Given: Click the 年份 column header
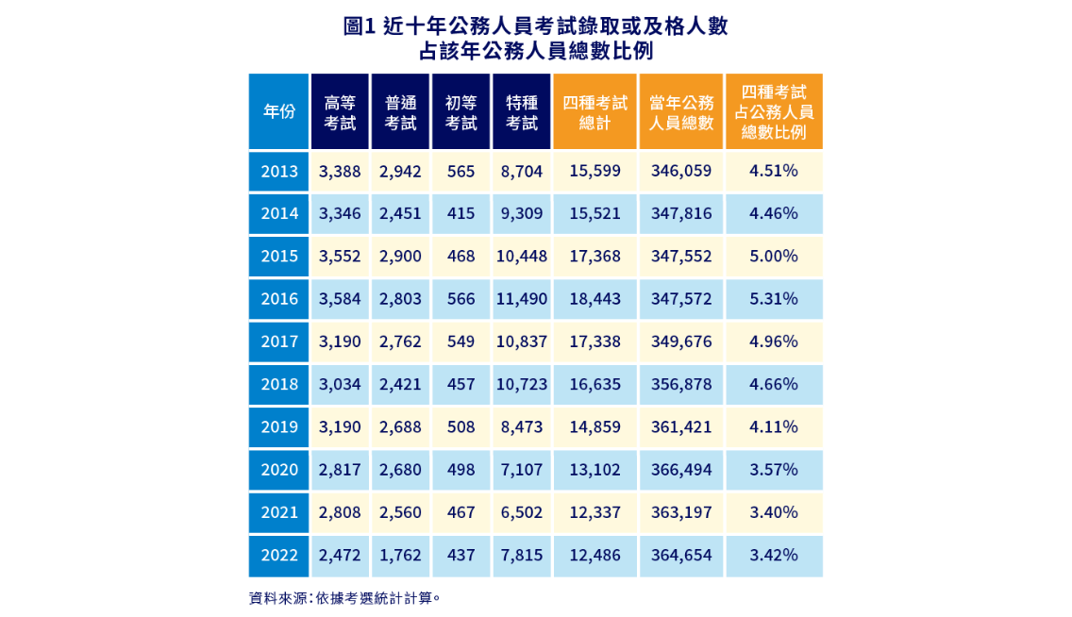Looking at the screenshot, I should (x=278, y=111).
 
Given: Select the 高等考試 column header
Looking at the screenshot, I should (x=340, y=111).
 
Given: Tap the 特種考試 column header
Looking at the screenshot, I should (x=522, y=111).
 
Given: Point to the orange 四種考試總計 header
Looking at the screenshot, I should (x=595, y=111).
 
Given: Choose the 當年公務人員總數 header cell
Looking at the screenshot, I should (x=681, y=111).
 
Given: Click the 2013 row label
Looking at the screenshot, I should (x=278, y=171).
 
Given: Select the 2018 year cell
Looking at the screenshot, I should (x=278, y=384).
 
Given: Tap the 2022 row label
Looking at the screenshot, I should (x=278, y=555).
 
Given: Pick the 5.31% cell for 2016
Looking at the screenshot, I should (x=774, y=298).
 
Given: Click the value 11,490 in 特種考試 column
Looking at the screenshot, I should (x=522, y=298).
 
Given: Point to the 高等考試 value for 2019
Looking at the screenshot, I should (x=340, y=426).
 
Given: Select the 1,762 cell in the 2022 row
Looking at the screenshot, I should (x=400, y=555).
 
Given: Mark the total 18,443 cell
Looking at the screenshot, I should (x=595, y=298).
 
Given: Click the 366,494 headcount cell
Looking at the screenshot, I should (x=681, y=469).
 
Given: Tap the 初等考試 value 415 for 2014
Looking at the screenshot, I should (x=461, y=213).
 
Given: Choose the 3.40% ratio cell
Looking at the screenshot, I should (x=774, y=512).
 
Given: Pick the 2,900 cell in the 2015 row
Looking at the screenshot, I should (x=400, y=256).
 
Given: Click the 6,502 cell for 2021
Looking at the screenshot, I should (x=522, y=512).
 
